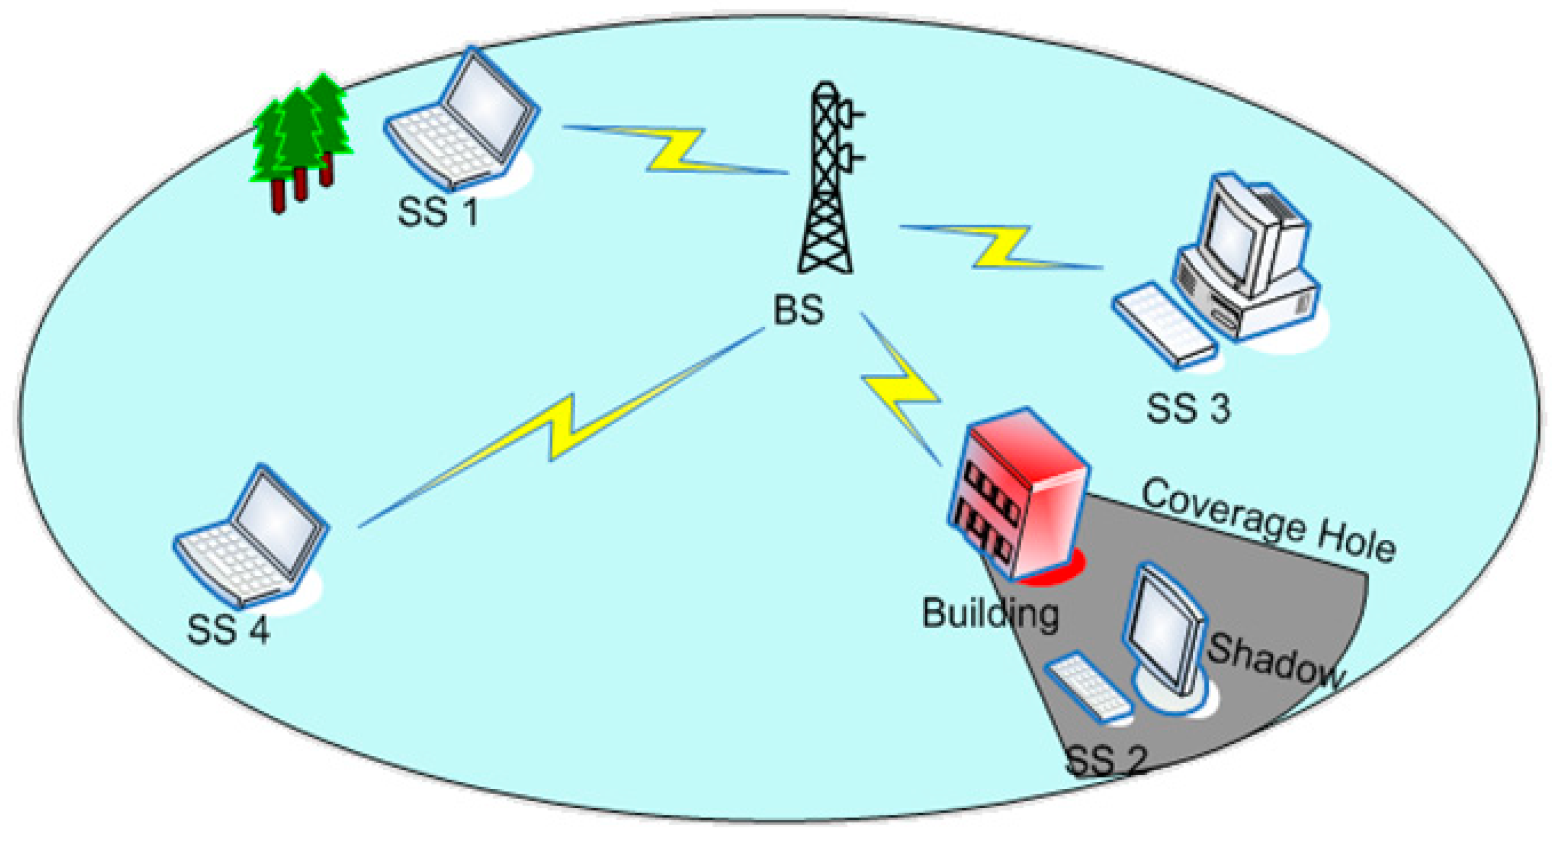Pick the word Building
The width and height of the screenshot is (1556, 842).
pos(990,614)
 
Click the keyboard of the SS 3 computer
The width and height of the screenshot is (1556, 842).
pos(1163,325)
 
